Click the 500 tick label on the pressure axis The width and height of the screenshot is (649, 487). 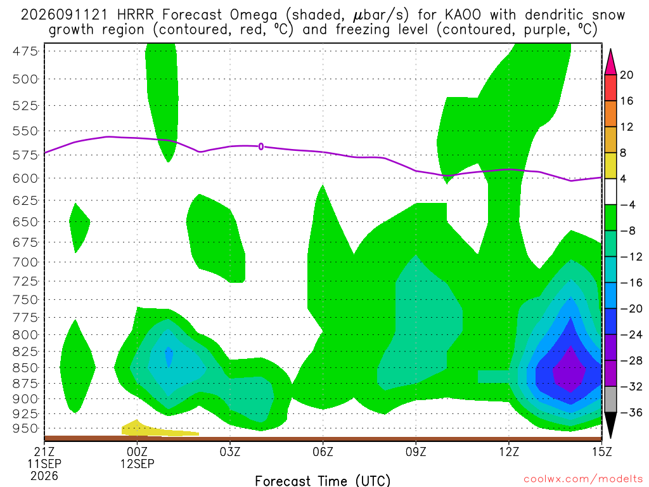[x=25, y=79]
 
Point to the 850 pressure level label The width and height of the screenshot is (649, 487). [x=25, y=368]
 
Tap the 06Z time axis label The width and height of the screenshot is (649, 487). [x=323, y=451]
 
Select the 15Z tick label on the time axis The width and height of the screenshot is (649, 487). [x=602, y=451]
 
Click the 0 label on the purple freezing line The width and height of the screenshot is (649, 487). [x=260, y=146]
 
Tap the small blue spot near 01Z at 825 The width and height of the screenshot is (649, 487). [x=169, y=356]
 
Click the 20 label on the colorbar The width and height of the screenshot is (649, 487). [x=626, y=75]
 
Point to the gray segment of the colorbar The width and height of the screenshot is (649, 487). [x=610, y=399]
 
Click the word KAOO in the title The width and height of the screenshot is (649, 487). [x=463, y=15]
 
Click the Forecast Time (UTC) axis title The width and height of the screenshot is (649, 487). [x=323, y=481]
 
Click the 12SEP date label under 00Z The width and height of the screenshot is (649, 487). [x=137, y=464]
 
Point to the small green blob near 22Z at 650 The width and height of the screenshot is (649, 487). [x=79, y=228]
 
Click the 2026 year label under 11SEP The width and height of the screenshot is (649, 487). [x=44, y=476]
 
